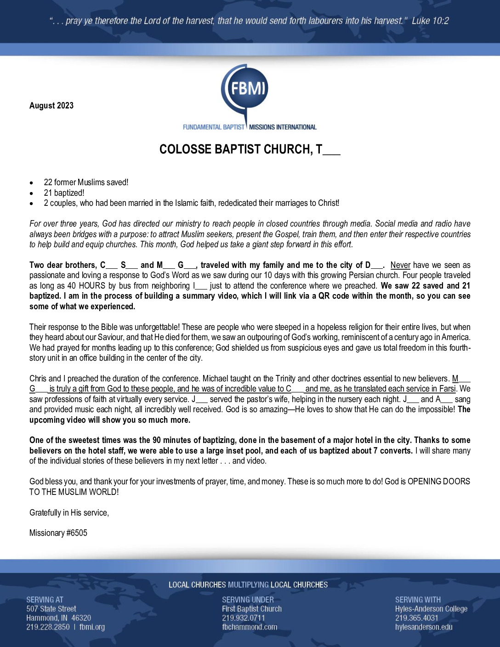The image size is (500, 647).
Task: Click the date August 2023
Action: click(x=51, y=106)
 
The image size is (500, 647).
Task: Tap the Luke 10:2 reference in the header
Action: click(x=430, y=21)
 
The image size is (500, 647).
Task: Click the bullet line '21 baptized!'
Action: click(x=64, y=193)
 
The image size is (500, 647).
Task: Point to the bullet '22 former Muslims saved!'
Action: click(x=86, y=182)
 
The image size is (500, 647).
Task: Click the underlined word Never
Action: click(x=400, y=265)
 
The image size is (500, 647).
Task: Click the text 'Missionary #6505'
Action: click(x=58, y=533)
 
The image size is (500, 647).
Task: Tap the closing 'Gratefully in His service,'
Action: click(x=69, y=513)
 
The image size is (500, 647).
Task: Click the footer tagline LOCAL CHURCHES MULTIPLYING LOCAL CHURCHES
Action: click(x=248, y=585)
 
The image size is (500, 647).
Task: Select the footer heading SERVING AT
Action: click(x=45, y=600)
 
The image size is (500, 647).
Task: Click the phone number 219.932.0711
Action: click(x=244, y=618)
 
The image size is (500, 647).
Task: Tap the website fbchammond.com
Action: click(x=250, y=627)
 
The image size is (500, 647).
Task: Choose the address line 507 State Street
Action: click(x=51, y=609)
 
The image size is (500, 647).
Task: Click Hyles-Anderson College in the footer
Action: click(x=431, y=609)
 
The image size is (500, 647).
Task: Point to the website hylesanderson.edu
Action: click(x=424, y=627)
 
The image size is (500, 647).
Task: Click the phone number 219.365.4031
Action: click(x=417, y=618)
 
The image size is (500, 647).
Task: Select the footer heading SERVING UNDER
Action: click(x=248, y=600)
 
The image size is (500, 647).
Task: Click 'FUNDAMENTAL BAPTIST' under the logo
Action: click(x=214, y=127)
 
